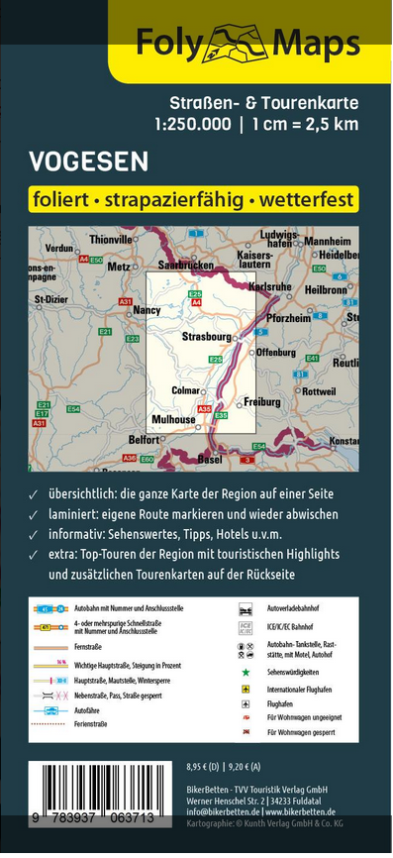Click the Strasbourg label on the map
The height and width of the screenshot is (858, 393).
205,338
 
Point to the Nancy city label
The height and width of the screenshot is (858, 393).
146,310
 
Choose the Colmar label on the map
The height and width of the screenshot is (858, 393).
185,390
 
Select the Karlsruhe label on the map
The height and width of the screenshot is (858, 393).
296,286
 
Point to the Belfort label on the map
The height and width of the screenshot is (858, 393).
144,438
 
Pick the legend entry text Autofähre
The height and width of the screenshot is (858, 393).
87,710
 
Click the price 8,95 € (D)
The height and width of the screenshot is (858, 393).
205,766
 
